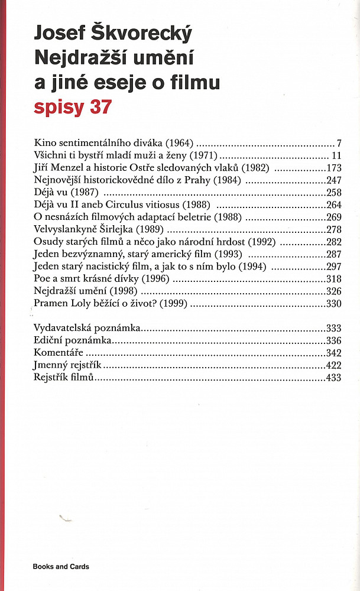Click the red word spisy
[x=58, y=109]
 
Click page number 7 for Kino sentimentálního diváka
[x=340, y=143]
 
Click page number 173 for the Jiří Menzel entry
[x=333, y=168]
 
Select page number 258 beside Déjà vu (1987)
[x=333, y=193]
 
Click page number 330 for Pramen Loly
[x=333, y=304]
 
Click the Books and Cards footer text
[x=61, y=566]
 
